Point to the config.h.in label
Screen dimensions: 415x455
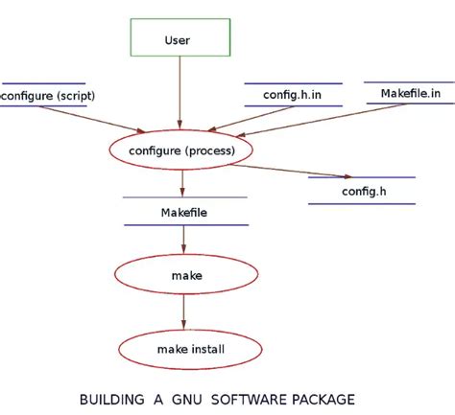point(292,95)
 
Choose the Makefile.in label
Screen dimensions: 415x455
point(410,94)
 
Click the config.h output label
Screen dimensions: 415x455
point(362,191)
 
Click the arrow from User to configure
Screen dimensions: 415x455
point(180,96)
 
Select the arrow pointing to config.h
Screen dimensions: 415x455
point(298,169)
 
